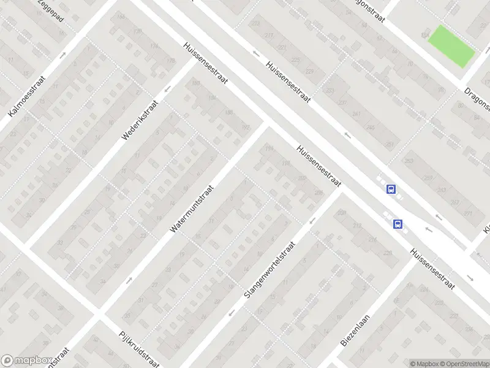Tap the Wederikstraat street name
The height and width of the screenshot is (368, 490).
pos(140,120)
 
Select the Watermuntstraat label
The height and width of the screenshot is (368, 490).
pos(194,209)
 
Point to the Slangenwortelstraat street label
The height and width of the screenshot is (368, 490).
pos(269,270)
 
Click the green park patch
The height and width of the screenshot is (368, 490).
pos(451,47)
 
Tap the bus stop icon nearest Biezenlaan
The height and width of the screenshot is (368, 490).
pos(398,224)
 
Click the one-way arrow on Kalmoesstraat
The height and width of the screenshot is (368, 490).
pos(63,55)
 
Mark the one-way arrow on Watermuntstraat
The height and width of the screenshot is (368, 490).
pos(129,280)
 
